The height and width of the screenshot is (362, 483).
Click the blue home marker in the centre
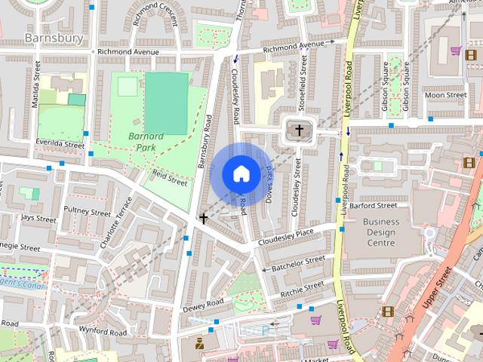tap(240, 173)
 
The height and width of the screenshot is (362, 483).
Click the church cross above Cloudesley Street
tap(299, 131)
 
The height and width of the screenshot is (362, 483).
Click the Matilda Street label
tap(35, 87)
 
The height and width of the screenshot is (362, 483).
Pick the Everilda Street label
tap(60, 143)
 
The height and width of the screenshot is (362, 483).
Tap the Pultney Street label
tap(87, 212)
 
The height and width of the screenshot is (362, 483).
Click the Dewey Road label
tap(203, 305)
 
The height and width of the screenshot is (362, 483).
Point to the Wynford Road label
tap(103, 330)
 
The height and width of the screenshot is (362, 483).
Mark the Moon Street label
tap(445, 95)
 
